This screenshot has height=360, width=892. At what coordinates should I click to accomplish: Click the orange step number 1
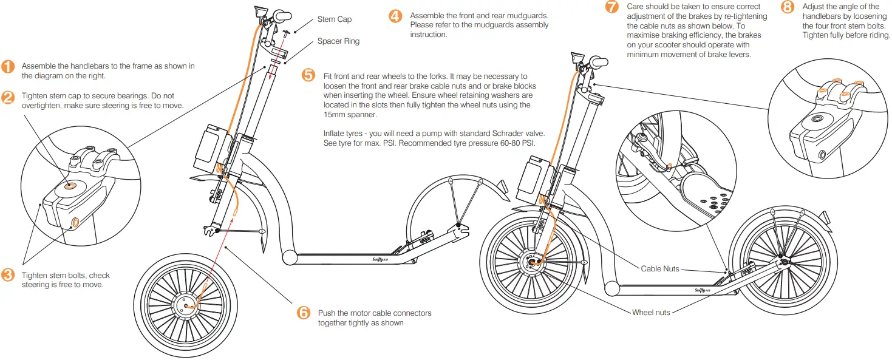(x=8, y=67)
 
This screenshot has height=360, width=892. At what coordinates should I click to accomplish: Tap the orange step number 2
(x=8, y=97)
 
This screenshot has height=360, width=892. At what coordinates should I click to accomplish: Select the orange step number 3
(x=8, y=275)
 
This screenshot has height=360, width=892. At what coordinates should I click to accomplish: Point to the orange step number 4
(x=395, y=16)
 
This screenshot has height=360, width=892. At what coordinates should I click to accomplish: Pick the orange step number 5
(x=309, y=75)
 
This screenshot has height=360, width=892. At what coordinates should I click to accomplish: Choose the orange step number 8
(x=788, y=7)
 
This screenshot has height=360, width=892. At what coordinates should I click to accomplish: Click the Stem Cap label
(x=334, y=19)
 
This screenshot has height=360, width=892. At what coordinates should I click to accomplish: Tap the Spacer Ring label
(x=338, y=41)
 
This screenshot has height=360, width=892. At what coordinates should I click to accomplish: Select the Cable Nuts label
(x=660, y=268)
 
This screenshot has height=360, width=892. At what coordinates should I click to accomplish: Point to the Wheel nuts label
(x=651, y=312)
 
